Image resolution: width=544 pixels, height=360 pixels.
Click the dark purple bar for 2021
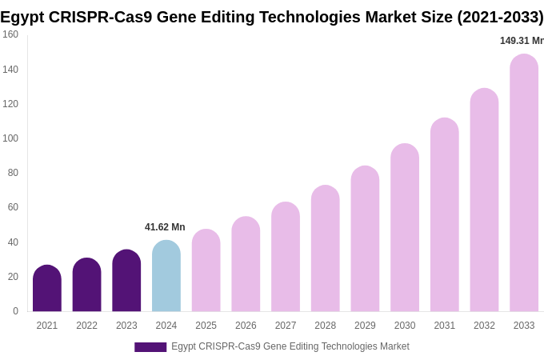47,289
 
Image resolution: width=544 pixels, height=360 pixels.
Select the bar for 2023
126,281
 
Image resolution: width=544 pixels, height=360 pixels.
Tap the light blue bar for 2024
166,276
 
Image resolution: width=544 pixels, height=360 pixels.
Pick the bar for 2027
286,257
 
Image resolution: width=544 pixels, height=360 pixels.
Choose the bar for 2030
405,228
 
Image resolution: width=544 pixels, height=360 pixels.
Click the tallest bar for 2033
524,183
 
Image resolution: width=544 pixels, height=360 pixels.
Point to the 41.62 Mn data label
165,227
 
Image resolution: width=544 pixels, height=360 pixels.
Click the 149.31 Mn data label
522,41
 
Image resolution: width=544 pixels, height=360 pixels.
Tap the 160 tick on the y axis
10,34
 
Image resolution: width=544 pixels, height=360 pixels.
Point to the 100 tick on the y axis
10,138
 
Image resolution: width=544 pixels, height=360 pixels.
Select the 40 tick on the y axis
13,242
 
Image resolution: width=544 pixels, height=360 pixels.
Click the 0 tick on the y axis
15,311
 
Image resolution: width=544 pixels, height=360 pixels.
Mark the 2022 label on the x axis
86,326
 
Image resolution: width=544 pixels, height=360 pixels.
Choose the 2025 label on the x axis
206,326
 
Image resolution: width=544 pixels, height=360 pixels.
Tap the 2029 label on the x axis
365,326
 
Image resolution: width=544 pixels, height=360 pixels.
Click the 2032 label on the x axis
484,326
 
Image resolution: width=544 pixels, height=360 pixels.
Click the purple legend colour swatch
150,347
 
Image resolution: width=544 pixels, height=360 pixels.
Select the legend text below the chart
290,346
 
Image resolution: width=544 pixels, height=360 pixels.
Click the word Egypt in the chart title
22,17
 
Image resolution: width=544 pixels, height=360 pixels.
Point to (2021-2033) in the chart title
500,17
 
